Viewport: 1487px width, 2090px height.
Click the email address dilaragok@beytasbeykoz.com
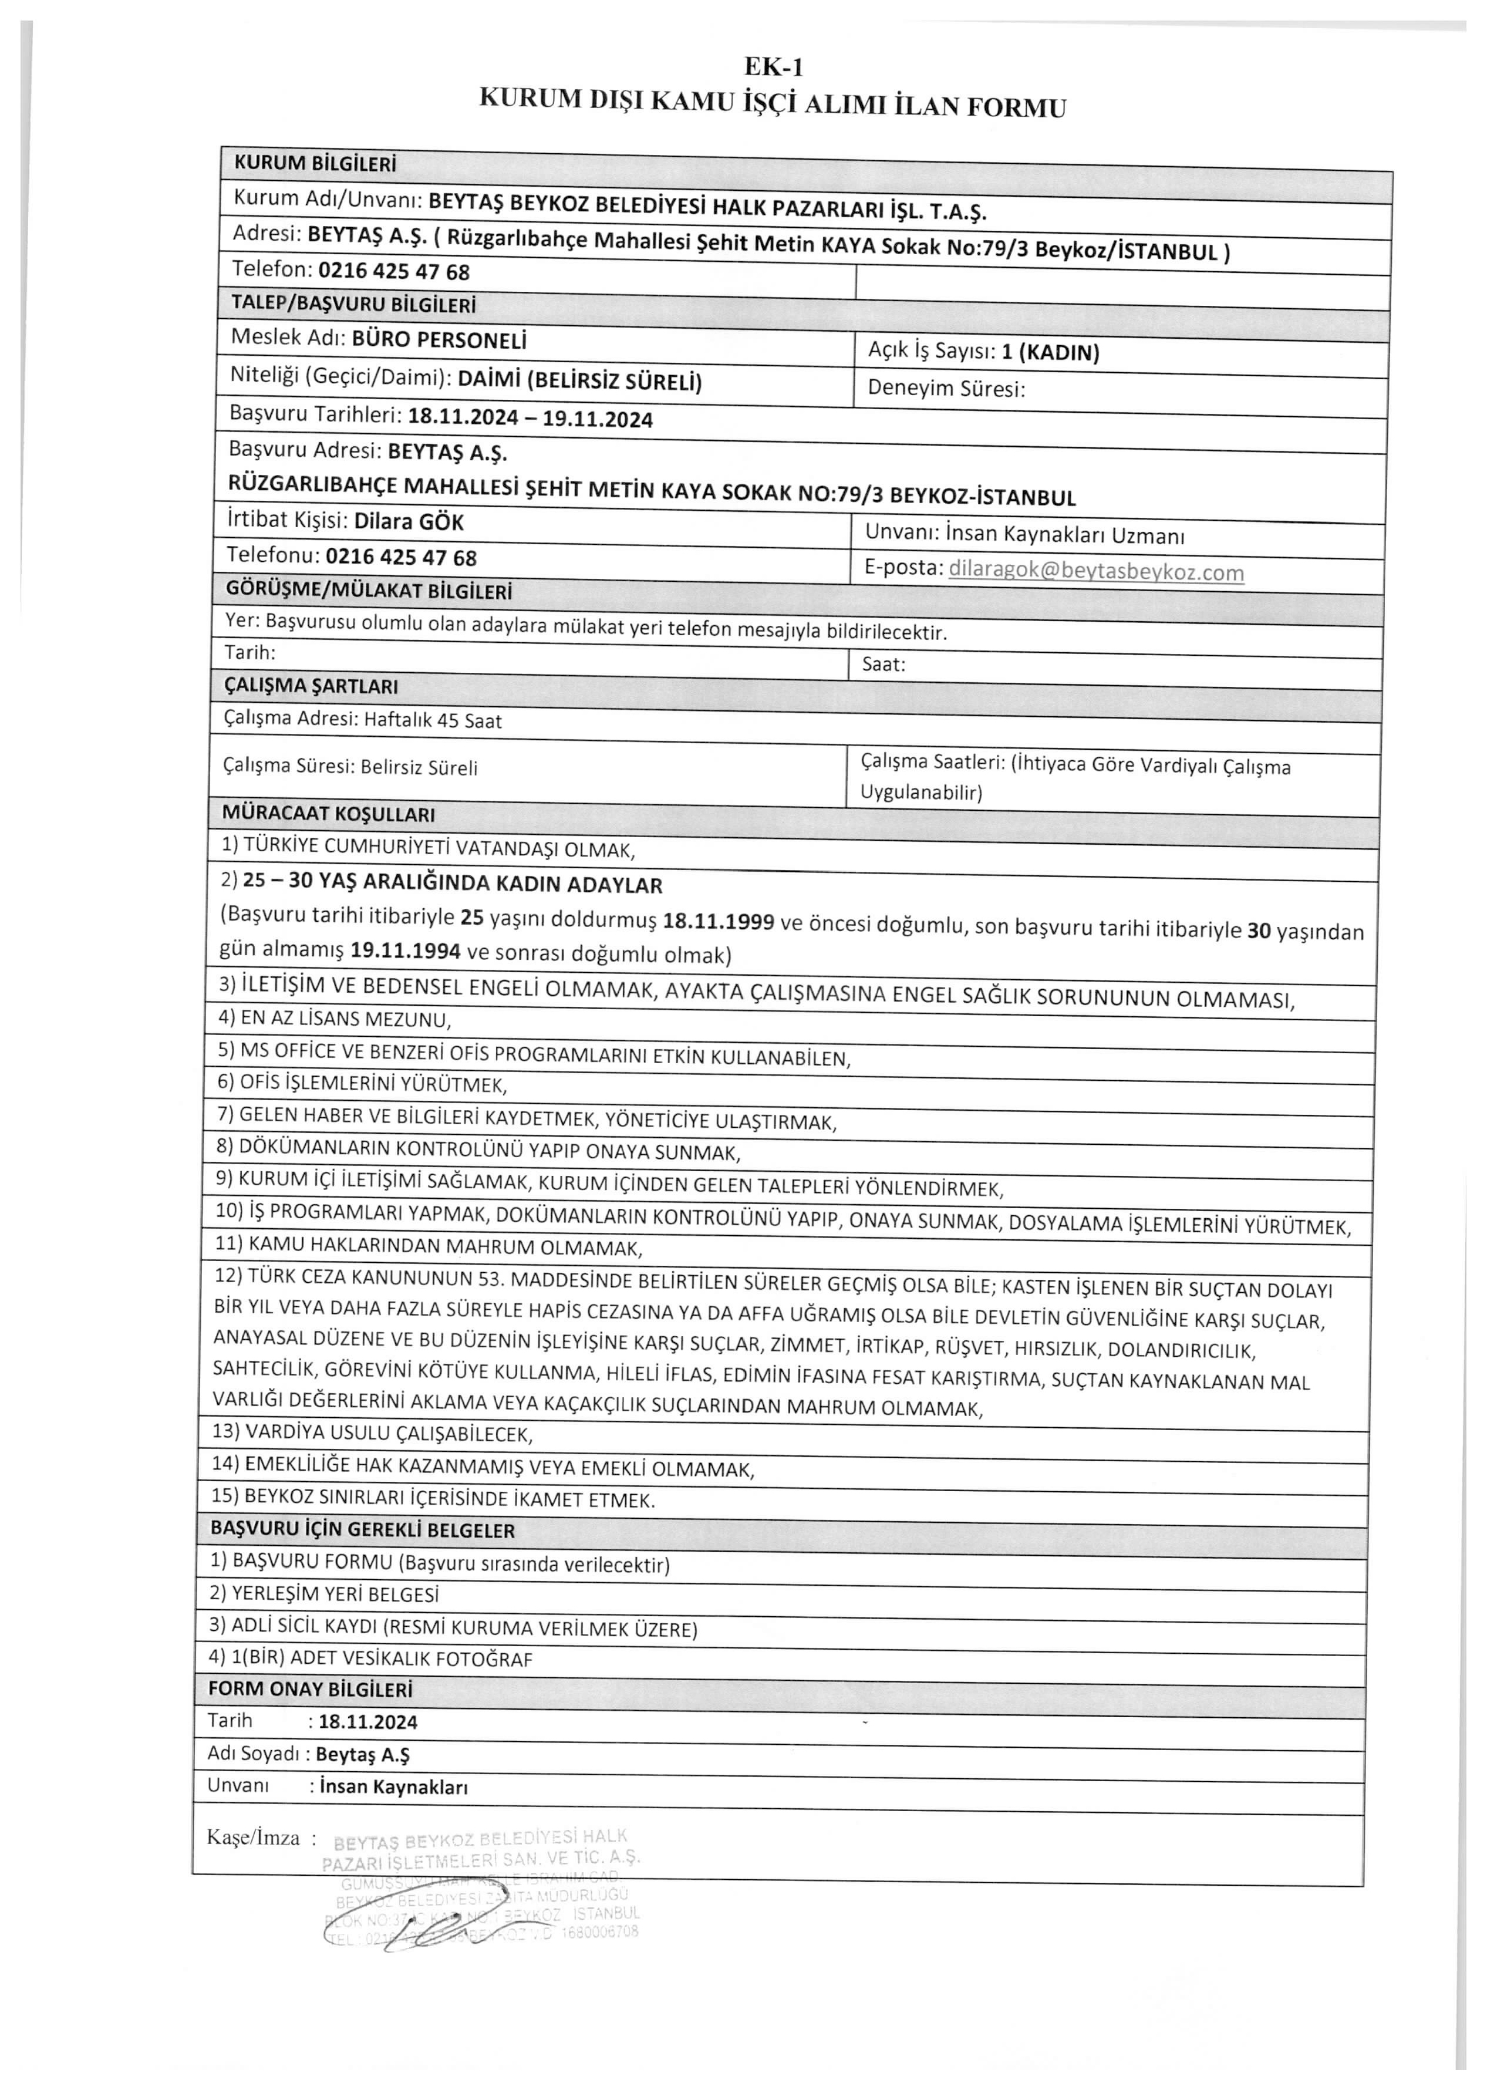pos(1096,571)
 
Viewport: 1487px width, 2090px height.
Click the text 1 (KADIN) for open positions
pos(1050,352)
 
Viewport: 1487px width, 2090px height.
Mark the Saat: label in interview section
pos(884,665)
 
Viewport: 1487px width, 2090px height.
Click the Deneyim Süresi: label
pos(946,388)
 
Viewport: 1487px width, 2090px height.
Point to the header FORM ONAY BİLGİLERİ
pos(311,1689)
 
